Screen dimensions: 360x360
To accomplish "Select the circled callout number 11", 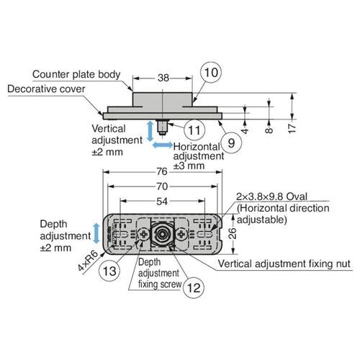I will pos(192,130).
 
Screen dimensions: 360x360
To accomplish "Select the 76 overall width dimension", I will pos(161,172).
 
